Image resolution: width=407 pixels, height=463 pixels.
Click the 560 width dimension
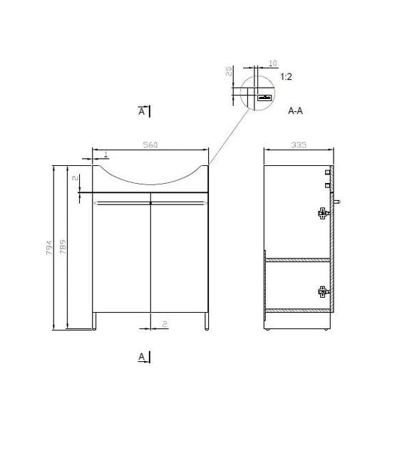coord(150,145)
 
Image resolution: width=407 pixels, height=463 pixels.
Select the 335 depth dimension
coord(299,145)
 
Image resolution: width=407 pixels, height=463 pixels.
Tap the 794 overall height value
coord(49,247)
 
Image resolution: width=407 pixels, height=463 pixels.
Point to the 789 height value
coord(63,247)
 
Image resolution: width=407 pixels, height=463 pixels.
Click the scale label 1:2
coord(286,77)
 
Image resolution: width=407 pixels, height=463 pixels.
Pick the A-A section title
coord(295,110)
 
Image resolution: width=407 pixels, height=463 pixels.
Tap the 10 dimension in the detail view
coord(273,63)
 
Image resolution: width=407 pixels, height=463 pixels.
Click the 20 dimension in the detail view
coord(229,71)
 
